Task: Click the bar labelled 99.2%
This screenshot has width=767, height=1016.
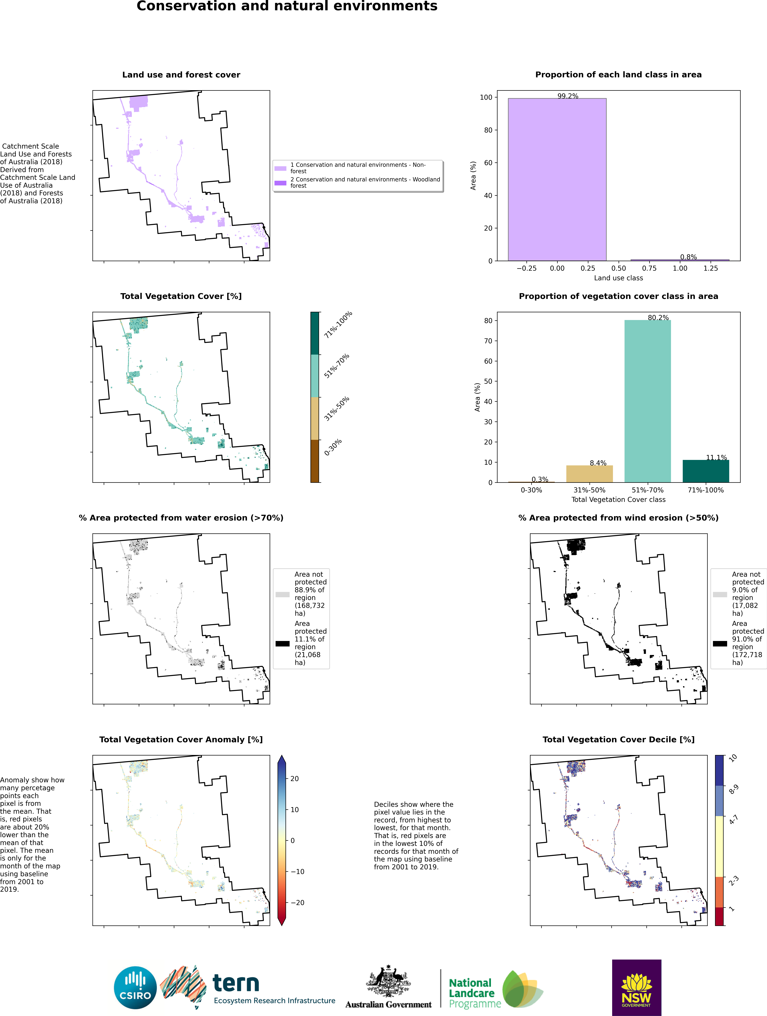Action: [x=557, y=180]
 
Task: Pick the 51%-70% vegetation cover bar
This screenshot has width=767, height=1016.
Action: [x=648, y=401]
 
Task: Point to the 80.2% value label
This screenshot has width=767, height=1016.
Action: [x=658, y=317]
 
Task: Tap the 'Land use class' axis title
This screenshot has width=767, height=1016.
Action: [x=618, y=278]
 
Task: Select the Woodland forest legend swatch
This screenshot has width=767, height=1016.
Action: [x=280, y=183]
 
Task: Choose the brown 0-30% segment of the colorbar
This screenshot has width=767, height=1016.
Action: [x=315, y=461]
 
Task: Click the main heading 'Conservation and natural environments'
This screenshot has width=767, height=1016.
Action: [x=287, y=6]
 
